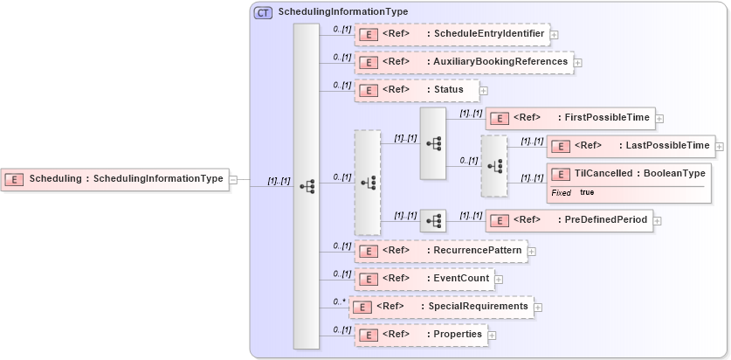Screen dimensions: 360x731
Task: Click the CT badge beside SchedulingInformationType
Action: point(263,12)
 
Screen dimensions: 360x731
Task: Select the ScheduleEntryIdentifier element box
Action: point(452,35)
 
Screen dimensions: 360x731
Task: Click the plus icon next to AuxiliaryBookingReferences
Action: point(578,63)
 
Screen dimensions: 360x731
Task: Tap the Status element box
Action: point(417,90)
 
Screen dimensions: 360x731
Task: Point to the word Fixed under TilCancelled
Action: point(561,192)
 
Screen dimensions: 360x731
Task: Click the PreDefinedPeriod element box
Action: point(569,220)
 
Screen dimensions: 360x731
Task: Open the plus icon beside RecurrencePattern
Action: point(532,252)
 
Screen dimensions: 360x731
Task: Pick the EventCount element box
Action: point(423,280)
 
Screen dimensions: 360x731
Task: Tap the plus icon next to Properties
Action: point(493,335)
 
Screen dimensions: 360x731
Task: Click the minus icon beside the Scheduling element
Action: point(233,180)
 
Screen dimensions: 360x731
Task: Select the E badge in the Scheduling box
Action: point(14,179)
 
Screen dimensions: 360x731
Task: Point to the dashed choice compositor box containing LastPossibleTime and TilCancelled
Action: point(493,166)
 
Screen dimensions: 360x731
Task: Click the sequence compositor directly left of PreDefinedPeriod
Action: point(433,221)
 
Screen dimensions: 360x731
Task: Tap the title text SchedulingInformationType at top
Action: point(342,12)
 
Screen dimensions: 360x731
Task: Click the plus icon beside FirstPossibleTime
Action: point(660,119)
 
